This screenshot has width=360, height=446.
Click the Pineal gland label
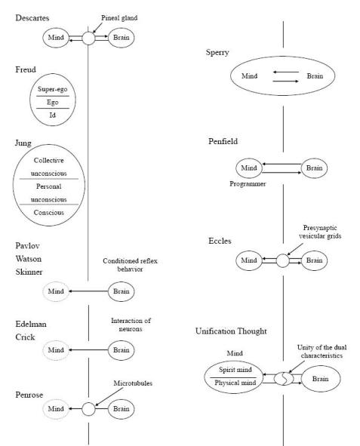click(x=119, y=18)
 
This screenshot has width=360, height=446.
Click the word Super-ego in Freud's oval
click(x=53, y=89)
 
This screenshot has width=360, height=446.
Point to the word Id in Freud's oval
click(x=52, y=115)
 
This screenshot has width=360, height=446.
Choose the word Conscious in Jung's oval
click(x=48, y=213)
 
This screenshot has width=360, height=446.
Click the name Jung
click(x=23, y=143)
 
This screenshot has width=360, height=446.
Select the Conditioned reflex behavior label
click(x=130, y=265)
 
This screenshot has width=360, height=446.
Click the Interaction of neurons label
click(x=131, y=325)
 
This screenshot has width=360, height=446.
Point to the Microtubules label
click(x=133, y=383)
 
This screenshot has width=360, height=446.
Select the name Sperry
click(x=217, y=53)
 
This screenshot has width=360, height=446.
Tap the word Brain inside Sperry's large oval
click(x=315, y=76)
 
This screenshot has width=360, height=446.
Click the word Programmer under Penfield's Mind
click(x=248, y=184)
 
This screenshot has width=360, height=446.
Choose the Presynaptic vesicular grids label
click(x=320, y=232)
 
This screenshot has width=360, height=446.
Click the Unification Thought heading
click(x=231, y=331)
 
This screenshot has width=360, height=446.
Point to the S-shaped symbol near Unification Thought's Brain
click(x=284, y=379)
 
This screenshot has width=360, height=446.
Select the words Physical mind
click(x=235, y=383)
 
